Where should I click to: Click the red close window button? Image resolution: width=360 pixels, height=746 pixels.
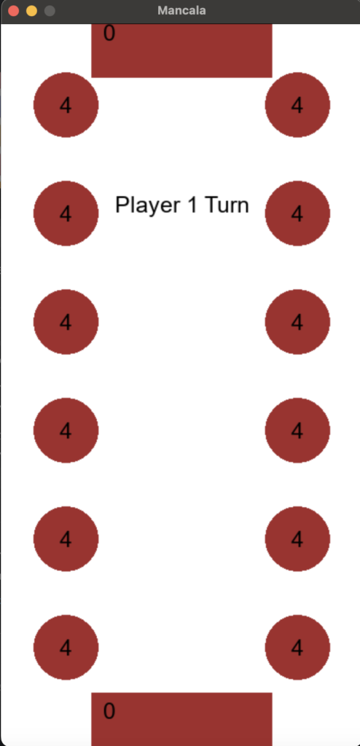pos(13,10)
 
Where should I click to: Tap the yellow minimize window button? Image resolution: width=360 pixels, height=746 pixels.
pos(31,10)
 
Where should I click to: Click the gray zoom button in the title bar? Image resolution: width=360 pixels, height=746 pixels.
pos(50,10)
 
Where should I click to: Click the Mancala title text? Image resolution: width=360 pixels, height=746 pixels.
pos(182,10)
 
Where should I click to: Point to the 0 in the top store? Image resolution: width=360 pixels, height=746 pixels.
pos(109,34)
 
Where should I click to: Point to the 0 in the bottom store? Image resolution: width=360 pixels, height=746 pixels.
pos(109,711)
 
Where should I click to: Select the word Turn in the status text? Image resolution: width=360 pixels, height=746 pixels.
pos(227,205)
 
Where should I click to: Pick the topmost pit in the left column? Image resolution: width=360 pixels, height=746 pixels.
pos(66,105)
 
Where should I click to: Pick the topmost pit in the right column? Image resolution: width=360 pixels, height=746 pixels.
pos(297,105)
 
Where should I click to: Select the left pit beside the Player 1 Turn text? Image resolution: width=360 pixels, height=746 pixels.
pos(66,213)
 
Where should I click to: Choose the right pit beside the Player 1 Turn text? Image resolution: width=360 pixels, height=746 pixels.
pos(297,213)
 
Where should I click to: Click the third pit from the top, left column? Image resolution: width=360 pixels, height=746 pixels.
pos(66,321)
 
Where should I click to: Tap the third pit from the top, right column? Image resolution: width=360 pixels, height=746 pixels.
pos(297,321)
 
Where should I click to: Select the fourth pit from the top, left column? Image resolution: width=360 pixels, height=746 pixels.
pos(66,430)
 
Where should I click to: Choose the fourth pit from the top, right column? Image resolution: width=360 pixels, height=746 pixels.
pos(297,430)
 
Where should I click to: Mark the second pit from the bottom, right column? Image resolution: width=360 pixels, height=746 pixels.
pos(297,538)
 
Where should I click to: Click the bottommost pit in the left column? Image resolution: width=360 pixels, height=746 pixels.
pos(66,647)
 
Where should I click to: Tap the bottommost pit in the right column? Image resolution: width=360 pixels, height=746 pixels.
pos(297,647)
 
